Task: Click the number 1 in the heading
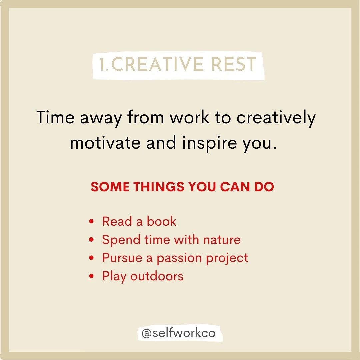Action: coord(103,65)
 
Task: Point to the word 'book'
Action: coord(161,221)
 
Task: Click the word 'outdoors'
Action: coord(157,276)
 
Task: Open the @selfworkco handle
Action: coord(178,333)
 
